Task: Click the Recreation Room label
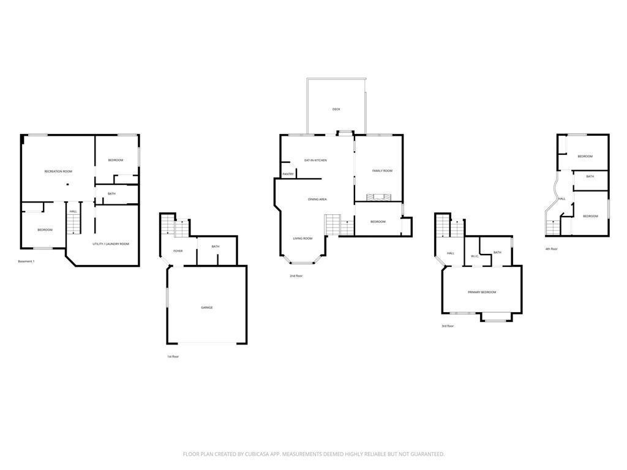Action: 58,171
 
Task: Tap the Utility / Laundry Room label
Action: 111,244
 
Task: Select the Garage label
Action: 207,307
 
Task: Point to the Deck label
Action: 336,109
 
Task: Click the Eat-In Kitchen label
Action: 315,160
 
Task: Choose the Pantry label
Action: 288,174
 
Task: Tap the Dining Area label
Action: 317,199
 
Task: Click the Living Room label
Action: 302,239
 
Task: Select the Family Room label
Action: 383,171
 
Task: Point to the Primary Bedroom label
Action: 482,293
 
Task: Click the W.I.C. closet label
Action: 475,256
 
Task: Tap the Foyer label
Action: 178,251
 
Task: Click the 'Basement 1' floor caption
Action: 26,261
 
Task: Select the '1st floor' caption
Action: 173,356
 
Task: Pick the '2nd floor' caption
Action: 296,276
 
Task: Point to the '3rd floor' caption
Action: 448,326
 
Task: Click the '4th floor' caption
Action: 551,249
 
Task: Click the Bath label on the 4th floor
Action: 590,177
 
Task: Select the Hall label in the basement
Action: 73,212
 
